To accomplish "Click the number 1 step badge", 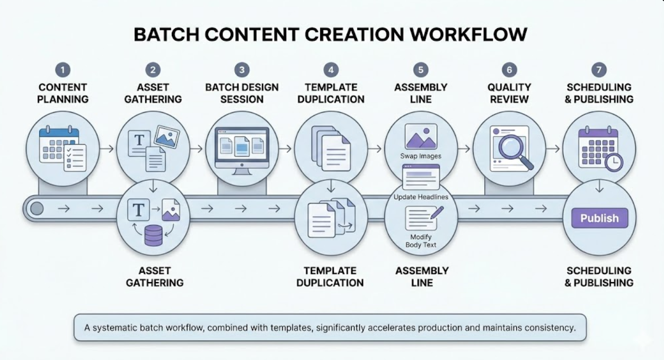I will (x=63, y=70).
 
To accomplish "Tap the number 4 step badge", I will (x=331, y=70).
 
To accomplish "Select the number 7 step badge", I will (x=599, y=70).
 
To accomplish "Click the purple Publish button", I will (x=599, y=218).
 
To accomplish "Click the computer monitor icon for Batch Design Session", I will (x=241, y=148).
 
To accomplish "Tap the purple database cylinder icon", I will (x=153, y=236).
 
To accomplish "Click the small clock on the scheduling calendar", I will (x=614, y=161).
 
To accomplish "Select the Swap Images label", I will (x=421, y=156).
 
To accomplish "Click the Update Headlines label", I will (x=421, y=197).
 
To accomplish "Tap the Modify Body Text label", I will (x=421, y=241).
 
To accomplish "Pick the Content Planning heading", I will (x=63, y=93).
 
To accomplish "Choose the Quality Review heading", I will (x=509, y=93).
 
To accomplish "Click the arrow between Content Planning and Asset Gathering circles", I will (x=107, y=148).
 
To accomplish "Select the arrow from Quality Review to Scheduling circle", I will (x=553, y=148).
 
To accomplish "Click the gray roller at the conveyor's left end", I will (x=36, y=208).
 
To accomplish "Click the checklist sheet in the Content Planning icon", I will (x=75, y=157).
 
